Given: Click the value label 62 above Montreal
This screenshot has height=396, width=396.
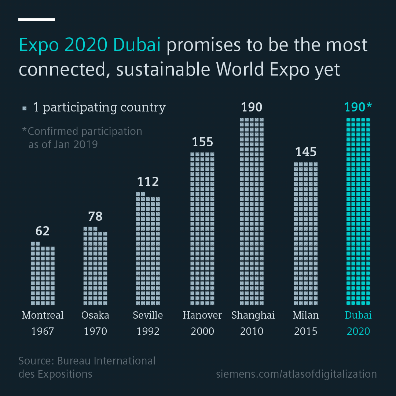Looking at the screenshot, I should coord(43,231).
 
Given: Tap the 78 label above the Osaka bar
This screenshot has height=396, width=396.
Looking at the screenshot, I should coord(95,216).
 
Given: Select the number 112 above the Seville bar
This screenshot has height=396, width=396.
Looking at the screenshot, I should coord(148,181).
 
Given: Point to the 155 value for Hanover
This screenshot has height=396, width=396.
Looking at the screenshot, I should coord(202,142).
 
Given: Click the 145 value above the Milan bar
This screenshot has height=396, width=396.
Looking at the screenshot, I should coord(306,152).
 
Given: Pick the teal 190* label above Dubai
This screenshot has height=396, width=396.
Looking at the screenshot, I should coord(358,107).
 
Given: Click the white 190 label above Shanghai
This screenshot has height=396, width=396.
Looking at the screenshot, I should coord(252,107).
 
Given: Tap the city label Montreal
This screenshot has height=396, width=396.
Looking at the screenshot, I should coord(43,315).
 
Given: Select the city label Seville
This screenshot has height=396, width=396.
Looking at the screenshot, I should coord(148,315).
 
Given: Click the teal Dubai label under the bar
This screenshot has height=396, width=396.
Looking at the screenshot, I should coord(358,315).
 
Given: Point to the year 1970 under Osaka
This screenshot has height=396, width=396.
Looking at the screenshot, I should coord(95,331).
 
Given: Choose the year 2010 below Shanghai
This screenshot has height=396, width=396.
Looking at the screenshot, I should coord(252,331).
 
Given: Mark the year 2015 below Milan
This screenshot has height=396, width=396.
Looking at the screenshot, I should coord(306,331).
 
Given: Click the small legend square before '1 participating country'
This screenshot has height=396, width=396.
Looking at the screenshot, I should coord(25,108).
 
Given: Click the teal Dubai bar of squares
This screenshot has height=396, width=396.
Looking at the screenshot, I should coord(358,211).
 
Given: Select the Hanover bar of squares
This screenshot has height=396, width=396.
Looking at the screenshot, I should coord(202,228).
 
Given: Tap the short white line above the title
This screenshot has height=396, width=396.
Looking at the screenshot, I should coord(37,19).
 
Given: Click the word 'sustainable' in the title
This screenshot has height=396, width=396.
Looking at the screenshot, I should coord(164,70).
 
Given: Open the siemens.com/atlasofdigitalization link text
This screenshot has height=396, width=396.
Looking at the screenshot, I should coord(296,374).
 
